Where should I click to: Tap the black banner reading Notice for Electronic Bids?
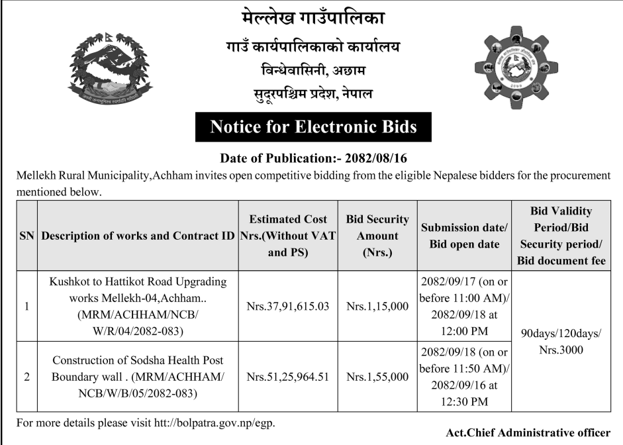pos(313,126)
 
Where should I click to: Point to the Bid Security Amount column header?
pos(377,236)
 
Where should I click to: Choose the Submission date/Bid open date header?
pos(464,236)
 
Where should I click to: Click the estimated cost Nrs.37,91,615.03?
pos(287,307)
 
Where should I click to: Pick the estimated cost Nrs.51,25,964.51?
pos(287,377)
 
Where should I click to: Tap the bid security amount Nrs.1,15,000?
pos(377,307)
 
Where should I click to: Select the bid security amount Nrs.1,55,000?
pos(377,377)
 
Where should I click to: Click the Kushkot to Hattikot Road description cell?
pos(138,307)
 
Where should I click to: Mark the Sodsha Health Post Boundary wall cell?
pos(138,377)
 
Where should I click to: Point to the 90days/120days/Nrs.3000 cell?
pos(561,342)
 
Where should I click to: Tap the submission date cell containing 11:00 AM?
pos(464,307)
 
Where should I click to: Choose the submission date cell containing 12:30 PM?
pos(464,376)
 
